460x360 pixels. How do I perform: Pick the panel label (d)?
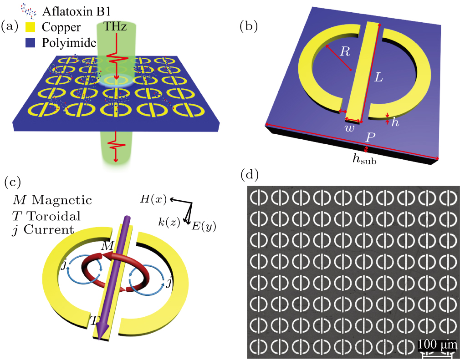249,174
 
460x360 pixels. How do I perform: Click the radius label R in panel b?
345,52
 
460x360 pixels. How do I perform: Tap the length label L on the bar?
379,77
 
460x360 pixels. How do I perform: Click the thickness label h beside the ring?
395,122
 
